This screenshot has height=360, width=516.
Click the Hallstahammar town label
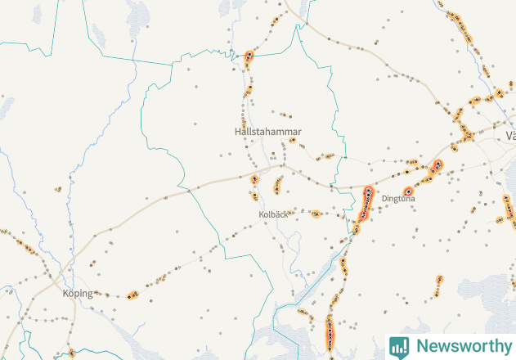coord(267,131)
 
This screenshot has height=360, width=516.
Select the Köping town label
coord(78,292)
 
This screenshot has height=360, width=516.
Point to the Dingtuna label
coord(398,198)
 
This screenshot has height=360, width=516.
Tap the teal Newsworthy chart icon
coord(399,346)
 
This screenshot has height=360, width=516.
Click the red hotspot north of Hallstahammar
coord(249,56)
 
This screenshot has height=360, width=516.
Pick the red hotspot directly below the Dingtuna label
coord(407,191)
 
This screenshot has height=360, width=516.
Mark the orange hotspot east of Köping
coord(132,295)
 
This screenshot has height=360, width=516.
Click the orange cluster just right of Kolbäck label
coord(316,214)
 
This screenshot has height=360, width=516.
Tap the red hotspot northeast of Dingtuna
coord(437,164)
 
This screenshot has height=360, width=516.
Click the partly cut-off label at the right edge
coord(511,135)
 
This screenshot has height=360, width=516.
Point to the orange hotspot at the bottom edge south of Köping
coord(71,353)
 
